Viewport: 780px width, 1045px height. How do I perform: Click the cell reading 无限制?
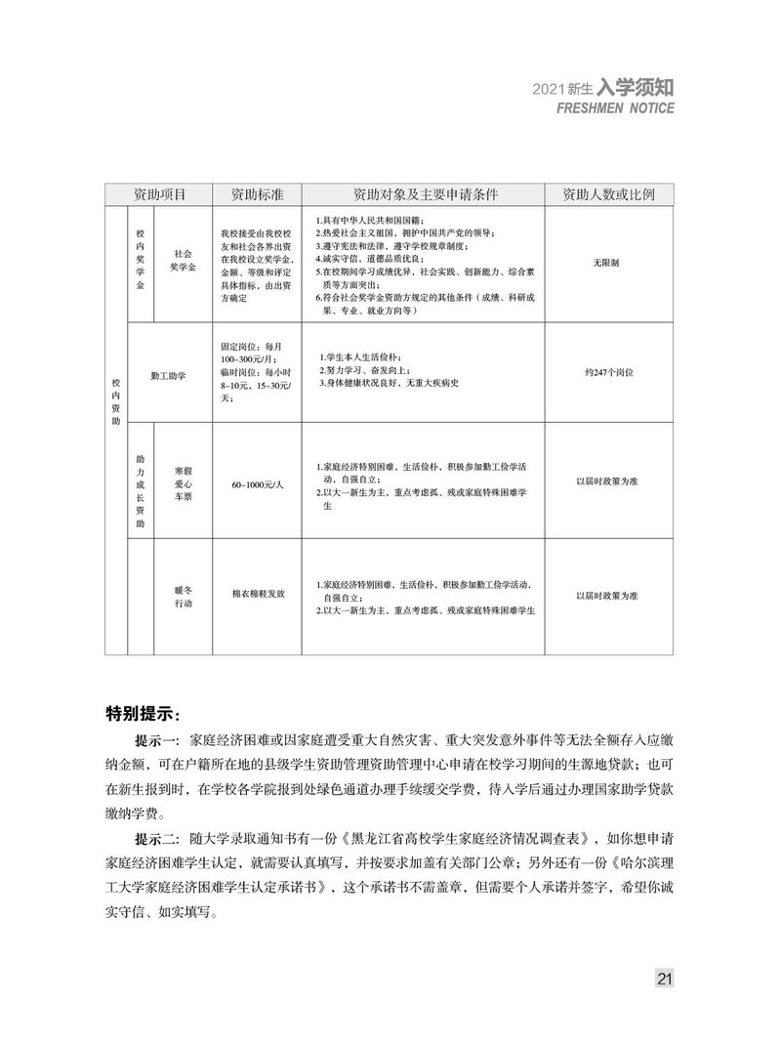coord(606,265)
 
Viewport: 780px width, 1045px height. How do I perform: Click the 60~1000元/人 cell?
coord(257,484)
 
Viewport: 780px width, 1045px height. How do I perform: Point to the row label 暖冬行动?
coord(184,597)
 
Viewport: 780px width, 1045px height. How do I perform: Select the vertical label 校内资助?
coord(116,400)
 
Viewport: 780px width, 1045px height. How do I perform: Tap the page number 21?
coord(664,979)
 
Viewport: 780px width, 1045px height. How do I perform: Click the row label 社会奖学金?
coord(184,259)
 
